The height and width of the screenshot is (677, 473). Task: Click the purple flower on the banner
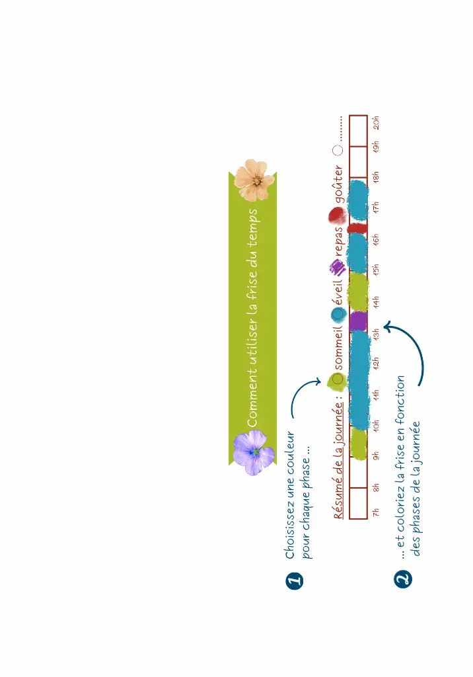[254, 453]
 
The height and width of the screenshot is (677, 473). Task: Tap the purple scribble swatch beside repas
[337, 266]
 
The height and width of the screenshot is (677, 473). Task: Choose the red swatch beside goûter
[337, 216]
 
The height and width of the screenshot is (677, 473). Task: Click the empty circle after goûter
[338, 151]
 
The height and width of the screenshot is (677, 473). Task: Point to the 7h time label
[377, 512]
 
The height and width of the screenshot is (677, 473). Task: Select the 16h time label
[377, 241]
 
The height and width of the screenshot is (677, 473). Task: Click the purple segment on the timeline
[358, 321]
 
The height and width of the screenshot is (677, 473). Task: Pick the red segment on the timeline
[358, 228]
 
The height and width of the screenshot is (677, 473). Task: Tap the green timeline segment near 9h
[358, 443]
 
